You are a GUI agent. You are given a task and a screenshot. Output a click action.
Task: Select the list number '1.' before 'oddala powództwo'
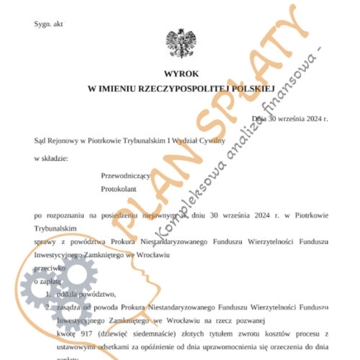[49, 294]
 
